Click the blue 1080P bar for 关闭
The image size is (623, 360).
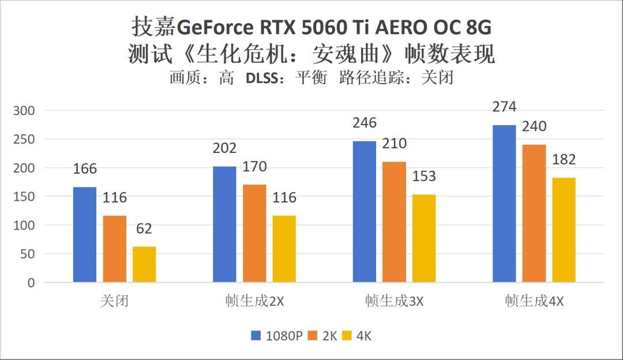click(84, 235)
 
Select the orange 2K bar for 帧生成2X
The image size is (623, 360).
click(254, 234)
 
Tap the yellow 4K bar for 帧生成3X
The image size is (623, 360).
click(424, 238)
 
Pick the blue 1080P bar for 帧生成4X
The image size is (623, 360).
click(504, 204)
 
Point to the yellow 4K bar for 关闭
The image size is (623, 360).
click(144, 265)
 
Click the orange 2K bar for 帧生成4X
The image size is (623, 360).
click(534, 213)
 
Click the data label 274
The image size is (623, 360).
click(504, 107)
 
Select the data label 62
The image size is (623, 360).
click(144, 229)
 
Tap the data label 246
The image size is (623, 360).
click(365, 123)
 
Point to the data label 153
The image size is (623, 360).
click(424, 177)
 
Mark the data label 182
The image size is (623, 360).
click(564, 160)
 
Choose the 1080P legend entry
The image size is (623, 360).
click(277, 336)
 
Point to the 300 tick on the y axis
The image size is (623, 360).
click(24, 110)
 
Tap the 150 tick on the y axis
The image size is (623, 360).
click(24, 197)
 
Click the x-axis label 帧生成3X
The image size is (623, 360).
click(394, 301)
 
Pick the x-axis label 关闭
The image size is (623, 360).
click(114, 301)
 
